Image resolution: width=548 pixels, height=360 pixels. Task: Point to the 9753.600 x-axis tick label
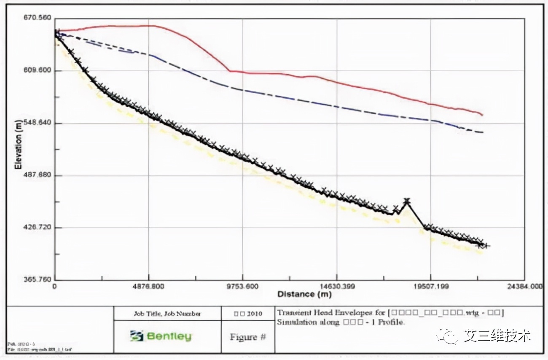[x=243, y=287]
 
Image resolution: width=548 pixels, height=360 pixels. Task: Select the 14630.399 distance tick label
[x=336, y=287]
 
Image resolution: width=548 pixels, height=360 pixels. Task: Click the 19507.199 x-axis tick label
[x=430, y=287]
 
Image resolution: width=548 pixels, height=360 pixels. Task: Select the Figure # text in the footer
[x=247, y=337]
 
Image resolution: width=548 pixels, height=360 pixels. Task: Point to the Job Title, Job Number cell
[x=167, y=314]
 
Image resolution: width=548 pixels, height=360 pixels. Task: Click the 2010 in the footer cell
[x=255, y=314]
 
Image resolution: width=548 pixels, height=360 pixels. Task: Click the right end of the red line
[x=482, y=115]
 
